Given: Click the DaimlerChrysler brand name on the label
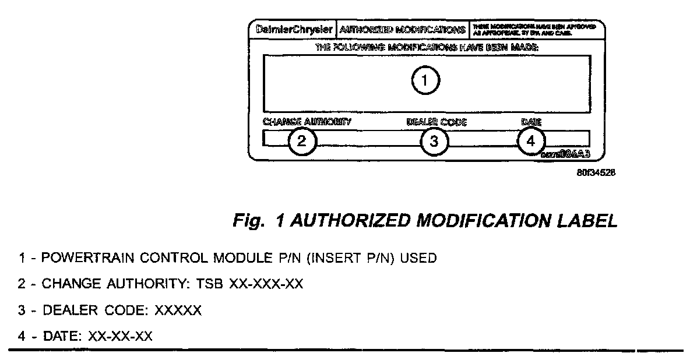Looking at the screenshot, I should pyautogui.click(x=295, y=30).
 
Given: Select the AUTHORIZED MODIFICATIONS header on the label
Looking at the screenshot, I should pyautogui.click(x=403, y=30).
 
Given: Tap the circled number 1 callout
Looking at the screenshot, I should pyautogui.click(x=425, y=81).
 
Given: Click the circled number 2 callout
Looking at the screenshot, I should pyautogui.click(x=301, y=140).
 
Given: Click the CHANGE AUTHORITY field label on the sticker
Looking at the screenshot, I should pyautogui.click(x=307, y=122).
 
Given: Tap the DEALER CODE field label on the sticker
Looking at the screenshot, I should pyautogui.click(x=436, y=122).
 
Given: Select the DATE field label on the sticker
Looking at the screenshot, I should pyautogui.click(x=531, y=122).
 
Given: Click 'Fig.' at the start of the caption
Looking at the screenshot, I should pyautogui.click(x=248, y=221).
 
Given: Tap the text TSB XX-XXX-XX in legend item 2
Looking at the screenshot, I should pyautogui.click(x=266, y=284).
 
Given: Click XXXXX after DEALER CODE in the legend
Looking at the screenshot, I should pyautogui.click(x=178, y=310).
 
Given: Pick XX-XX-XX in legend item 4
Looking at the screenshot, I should pyautogui.click(x=120, y=337).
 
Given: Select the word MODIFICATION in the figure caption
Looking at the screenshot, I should pyautogui.click(x=473, y=221).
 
